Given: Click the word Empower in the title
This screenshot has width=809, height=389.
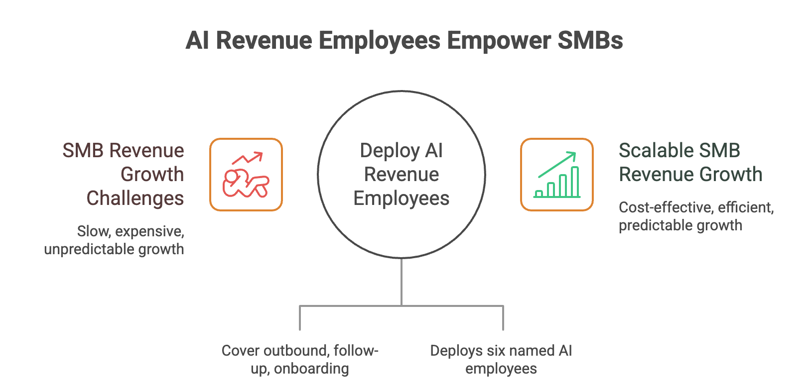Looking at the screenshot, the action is [499, 41].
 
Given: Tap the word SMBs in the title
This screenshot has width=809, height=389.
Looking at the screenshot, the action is [591, 41].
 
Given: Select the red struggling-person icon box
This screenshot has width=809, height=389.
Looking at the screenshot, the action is [246, 175].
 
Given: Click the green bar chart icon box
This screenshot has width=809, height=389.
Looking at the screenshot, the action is [557, 175].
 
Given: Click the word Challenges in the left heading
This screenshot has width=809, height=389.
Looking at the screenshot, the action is [135, 198].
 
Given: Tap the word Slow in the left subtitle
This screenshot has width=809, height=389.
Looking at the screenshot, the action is [89, 231].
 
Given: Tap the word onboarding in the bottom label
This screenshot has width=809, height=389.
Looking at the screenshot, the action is [311, 369].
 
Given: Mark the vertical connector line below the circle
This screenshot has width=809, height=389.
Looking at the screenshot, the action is [402, 282].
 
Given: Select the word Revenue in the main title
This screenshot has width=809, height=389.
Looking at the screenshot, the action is [264, 41].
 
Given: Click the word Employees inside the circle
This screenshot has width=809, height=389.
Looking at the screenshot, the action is [402, 198].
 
